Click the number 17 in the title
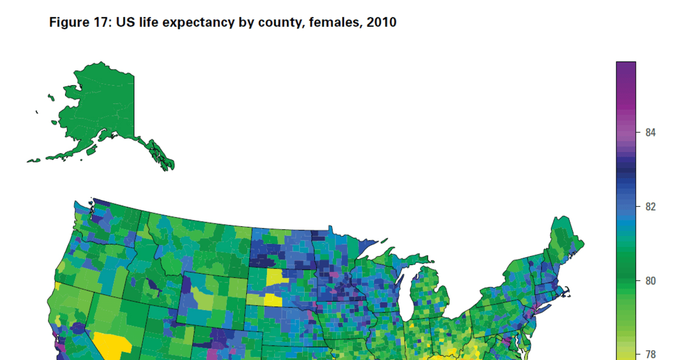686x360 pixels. (x=101, y=23)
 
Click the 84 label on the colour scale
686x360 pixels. (x=650, y=133)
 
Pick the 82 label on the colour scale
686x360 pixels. (x=650, y=206)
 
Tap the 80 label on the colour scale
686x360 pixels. (x=650, y=281)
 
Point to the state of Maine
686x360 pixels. (x=566, y=240)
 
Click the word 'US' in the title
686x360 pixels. (x=125, y=23)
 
